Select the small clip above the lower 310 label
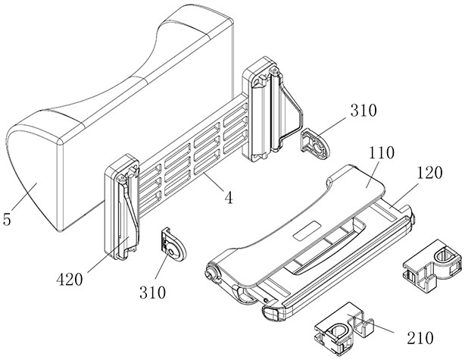[x=174, y=244]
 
